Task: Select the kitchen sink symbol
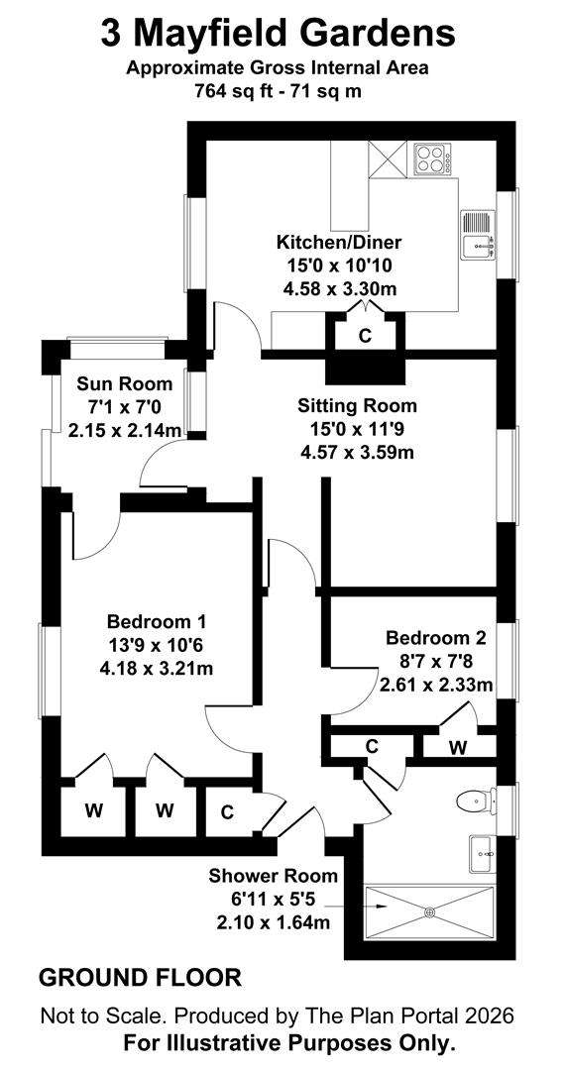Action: point(477,236)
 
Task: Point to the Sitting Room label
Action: point(357,405)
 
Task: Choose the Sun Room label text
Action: point(125,384)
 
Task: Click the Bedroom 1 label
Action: point(156,622)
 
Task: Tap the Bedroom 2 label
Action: point(436,638)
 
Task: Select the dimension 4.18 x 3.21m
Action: point(156,668)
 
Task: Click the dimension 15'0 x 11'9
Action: point(357,429)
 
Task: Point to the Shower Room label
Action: point(273,876)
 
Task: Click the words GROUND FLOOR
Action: point(140,978)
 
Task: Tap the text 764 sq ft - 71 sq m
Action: point(279,89)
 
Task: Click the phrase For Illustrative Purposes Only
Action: point(288,1043)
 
